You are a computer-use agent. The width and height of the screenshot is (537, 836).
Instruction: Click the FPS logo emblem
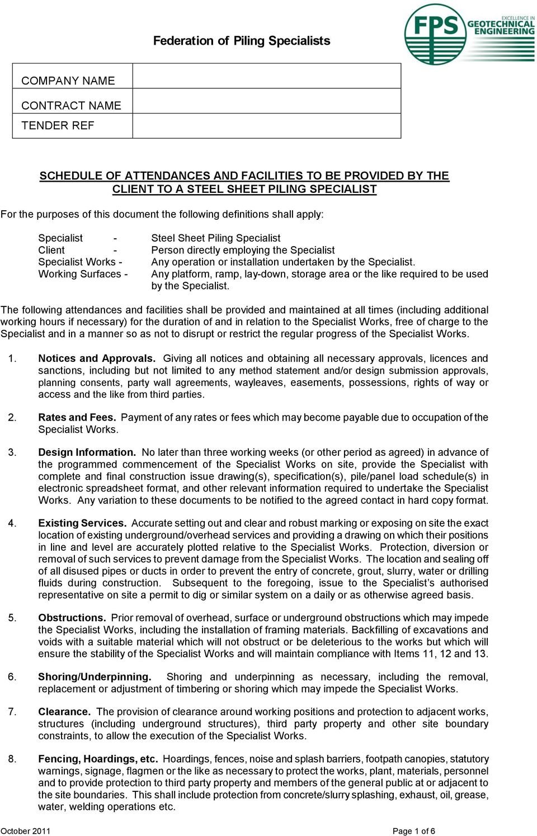tap(435, 34)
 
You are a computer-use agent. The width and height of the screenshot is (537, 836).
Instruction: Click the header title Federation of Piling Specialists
tap(241, 41)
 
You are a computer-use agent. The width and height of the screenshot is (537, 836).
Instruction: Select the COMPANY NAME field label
tap(68, 81)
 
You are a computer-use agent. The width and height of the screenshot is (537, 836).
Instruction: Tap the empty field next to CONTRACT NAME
tap(266, 101)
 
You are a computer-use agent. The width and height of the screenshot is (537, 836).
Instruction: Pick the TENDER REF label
tap(58, 125)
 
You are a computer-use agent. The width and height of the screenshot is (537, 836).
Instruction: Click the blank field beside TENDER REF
tap(266, 126)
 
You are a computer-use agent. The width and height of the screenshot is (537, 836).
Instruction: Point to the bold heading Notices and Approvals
tap(97, 358)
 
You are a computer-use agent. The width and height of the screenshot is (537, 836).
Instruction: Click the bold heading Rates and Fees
tap(77, 417)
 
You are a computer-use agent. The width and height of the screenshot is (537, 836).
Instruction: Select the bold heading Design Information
tap(87, 452)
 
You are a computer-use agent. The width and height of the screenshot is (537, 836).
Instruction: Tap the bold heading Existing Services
tap(82, 523)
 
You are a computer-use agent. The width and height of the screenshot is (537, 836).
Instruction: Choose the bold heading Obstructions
tap(72, 618)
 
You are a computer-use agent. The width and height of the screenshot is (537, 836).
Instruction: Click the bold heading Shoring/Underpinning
tap(95, 677)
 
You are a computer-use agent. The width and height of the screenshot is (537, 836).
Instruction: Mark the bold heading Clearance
tap(64, 712)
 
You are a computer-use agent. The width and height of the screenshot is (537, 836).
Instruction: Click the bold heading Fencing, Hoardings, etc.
tap(98, 759)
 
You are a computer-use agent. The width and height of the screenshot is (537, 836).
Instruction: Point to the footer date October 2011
tap(25, 831)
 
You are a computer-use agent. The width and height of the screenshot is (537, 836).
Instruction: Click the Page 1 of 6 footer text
tap(413, 831)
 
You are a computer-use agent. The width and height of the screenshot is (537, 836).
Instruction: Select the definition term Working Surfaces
tap(79, 274)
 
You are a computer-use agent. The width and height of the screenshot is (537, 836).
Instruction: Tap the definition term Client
tap(51, 250)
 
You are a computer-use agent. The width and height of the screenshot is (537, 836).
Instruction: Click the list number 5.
tap(12, 618)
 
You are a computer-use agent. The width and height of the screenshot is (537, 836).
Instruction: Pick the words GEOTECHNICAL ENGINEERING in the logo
tap(501, 27)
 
